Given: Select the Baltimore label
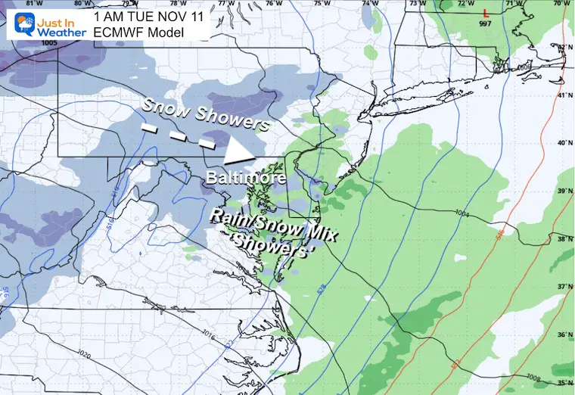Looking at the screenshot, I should [x=246, y=179].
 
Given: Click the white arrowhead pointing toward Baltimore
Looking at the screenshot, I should [x=241, y=151].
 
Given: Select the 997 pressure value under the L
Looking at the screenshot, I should [x=486, y=24].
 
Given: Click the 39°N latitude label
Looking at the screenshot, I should [x=564, y=191].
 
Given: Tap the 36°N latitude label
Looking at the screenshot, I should [x=564, y=334].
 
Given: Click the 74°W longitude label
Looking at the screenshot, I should [x=370, y=5].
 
